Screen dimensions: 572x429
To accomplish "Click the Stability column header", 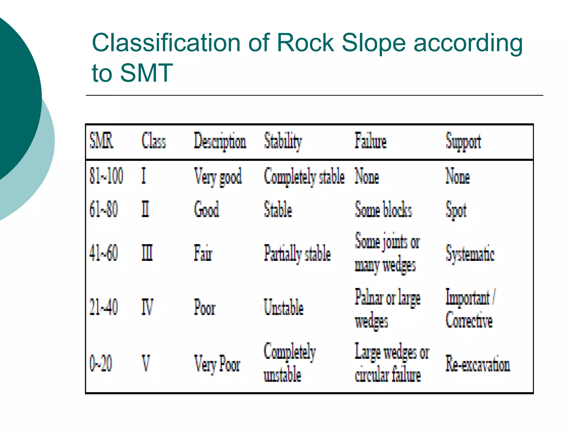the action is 283,141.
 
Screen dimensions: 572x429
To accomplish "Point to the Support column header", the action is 463,142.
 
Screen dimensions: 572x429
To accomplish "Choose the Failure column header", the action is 371,141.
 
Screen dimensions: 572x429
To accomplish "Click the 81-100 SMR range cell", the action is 106,176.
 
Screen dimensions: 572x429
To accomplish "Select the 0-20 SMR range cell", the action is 101,363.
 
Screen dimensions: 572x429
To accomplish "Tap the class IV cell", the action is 147,307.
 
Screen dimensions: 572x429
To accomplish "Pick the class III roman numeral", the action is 147,253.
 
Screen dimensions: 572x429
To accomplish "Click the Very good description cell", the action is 218,177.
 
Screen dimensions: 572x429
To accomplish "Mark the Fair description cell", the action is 203,253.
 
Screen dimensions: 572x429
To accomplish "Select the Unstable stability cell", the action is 284,307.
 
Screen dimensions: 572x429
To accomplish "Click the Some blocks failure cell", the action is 383,209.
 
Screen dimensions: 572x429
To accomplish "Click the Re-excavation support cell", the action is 478,364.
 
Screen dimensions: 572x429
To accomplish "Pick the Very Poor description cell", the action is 217,364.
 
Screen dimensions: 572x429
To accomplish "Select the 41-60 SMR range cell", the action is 103,253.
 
